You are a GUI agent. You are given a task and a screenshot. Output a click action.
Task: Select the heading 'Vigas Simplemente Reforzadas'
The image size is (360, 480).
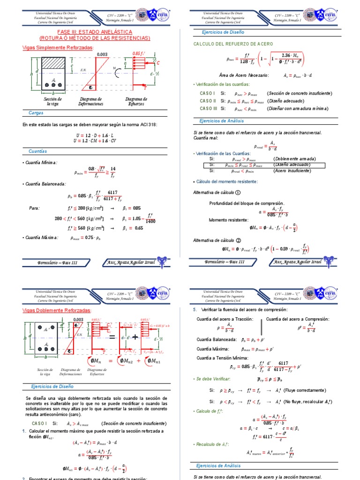[x=58, y=47]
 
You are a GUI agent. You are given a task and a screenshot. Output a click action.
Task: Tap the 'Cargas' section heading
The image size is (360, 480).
[x=36, y=113]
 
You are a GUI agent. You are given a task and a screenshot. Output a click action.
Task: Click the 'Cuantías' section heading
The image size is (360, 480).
[x=38, y=151]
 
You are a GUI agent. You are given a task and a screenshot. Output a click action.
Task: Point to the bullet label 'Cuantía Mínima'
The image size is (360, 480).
[x=40, y=163]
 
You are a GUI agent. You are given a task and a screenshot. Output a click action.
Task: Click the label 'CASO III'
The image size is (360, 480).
[x=208, y=108]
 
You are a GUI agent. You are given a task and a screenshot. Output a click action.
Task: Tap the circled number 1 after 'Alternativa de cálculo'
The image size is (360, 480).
[x=238, y=192]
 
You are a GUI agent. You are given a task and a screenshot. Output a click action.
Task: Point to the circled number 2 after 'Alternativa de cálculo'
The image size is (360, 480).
[x=238, y=240]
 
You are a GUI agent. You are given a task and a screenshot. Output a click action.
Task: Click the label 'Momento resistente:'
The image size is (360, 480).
[x=229, y=219]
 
